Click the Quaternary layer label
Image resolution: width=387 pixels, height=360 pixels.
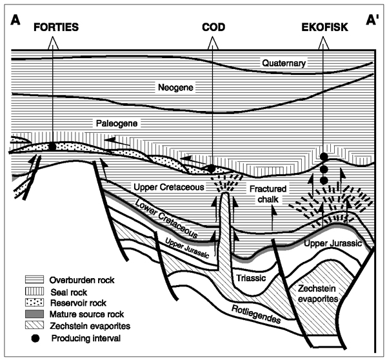point(284,63)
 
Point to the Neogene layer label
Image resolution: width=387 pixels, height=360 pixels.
point(171,86)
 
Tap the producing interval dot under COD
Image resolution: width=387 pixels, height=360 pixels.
point(211,168)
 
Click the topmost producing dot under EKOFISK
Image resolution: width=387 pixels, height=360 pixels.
point(324,157)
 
